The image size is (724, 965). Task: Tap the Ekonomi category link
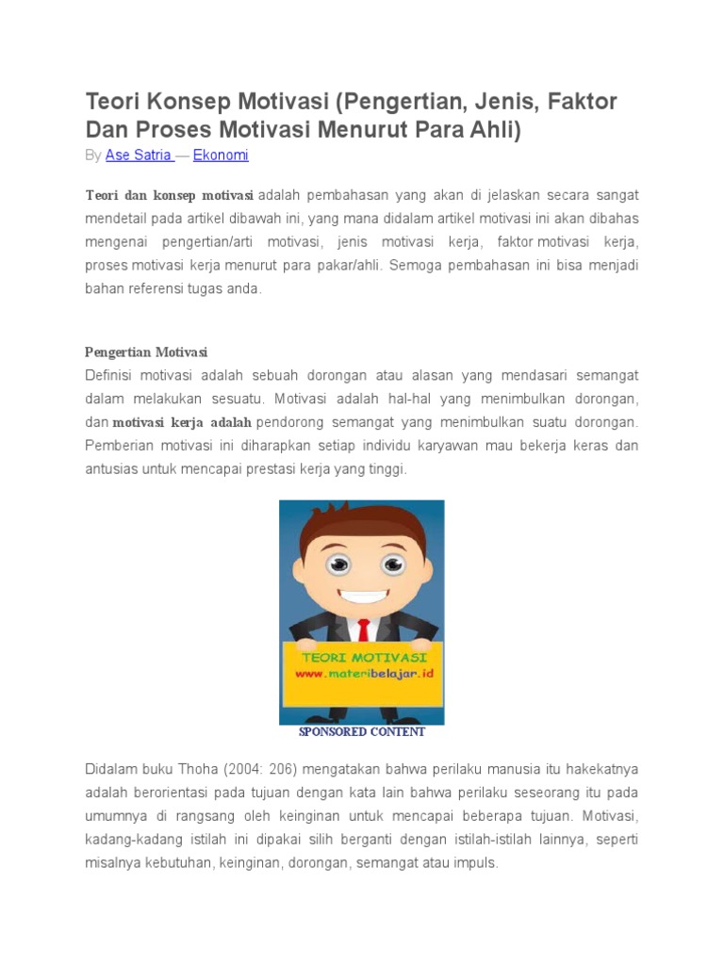pos(221,155)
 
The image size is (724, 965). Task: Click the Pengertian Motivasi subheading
pos(146,352)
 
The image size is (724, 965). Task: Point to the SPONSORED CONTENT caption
pos(362,732)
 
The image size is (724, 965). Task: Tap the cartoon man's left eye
pos(337,564)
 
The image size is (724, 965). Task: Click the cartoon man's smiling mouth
pos(362,597)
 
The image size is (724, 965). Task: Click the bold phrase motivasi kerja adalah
pos(182,422)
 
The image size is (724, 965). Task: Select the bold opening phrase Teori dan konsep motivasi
pos(170,195)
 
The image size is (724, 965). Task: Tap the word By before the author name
pos(93,155)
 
